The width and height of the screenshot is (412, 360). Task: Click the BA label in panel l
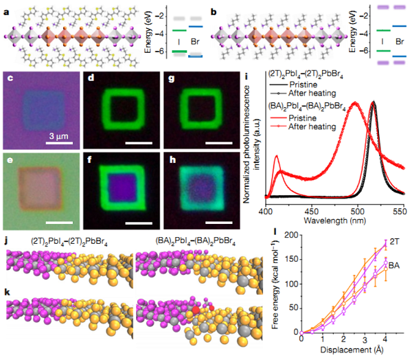point(396,265)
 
